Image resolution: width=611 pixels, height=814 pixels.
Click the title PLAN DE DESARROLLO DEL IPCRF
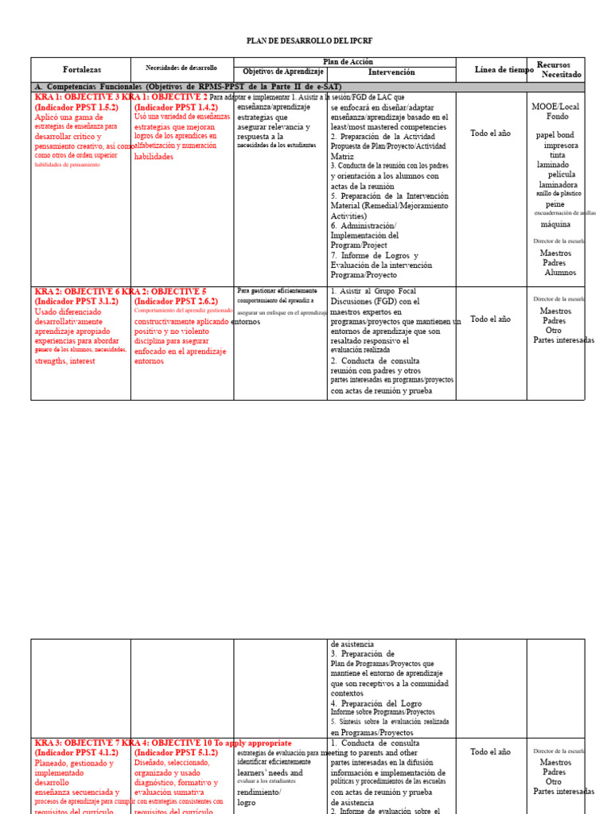coord(309,41)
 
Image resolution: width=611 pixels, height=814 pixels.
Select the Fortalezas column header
coord(80,70)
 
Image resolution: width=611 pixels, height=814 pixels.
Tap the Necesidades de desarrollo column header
coord(181,68)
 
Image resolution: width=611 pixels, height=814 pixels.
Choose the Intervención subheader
coord(391,72)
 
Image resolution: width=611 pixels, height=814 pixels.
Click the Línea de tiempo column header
coord(504,70)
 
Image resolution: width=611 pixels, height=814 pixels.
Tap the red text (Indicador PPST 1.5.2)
coord(76,107)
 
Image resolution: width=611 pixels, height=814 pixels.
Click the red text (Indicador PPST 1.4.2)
coord(176,107)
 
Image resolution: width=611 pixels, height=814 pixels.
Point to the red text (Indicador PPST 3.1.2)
coord(76,301)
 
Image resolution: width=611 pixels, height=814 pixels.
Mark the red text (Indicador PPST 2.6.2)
coord(176,301)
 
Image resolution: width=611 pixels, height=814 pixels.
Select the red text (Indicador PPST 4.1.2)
coord(76,753)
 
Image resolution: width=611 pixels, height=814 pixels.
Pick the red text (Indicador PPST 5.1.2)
coord(176,753)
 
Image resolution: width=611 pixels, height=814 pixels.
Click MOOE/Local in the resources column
coord(555,106)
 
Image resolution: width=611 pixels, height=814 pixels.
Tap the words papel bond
coord(555,135)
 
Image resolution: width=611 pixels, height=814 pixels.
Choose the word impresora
coord(561,145)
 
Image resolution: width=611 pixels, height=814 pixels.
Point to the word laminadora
coord(558,184)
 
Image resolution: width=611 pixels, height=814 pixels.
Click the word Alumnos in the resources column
coord(560,273)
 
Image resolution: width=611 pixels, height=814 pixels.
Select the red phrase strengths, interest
coord(65,361)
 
